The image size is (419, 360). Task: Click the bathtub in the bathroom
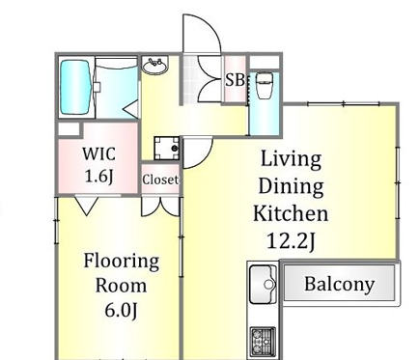[x=75, y=88]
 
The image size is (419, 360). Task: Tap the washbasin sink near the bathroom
[x=155, y=66]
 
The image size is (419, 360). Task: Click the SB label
[x=236, y=80]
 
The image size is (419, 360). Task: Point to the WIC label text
[x=98, y=153]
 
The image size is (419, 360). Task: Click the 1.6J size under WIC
[x=98, y=176]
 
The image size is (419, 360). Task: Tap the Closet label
[x=160, y=180]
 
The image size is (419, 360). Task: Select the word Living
[x=291, y=159]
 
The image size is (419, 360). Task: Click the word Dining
[x=291, y=186]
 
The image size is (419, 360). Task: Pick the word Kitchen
[x=291, y=213]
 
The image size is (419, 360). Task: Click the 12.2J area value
[x=291, y=241]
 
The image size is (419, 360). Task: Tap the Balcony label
[x=340, y=285]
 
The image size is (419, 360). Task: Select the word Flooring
[x=122, y=262]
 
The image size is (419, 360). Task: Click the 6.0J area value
[x=121, y=310]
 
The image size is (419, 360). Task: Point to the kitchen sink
[x=263, y=284]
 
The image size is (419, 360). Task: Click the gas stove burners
[x=263, y=341]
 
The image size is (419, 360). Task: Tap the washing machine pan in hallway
[x=166, y=149]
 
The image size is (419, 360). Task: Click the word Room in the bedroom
[x=121, y=286]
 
